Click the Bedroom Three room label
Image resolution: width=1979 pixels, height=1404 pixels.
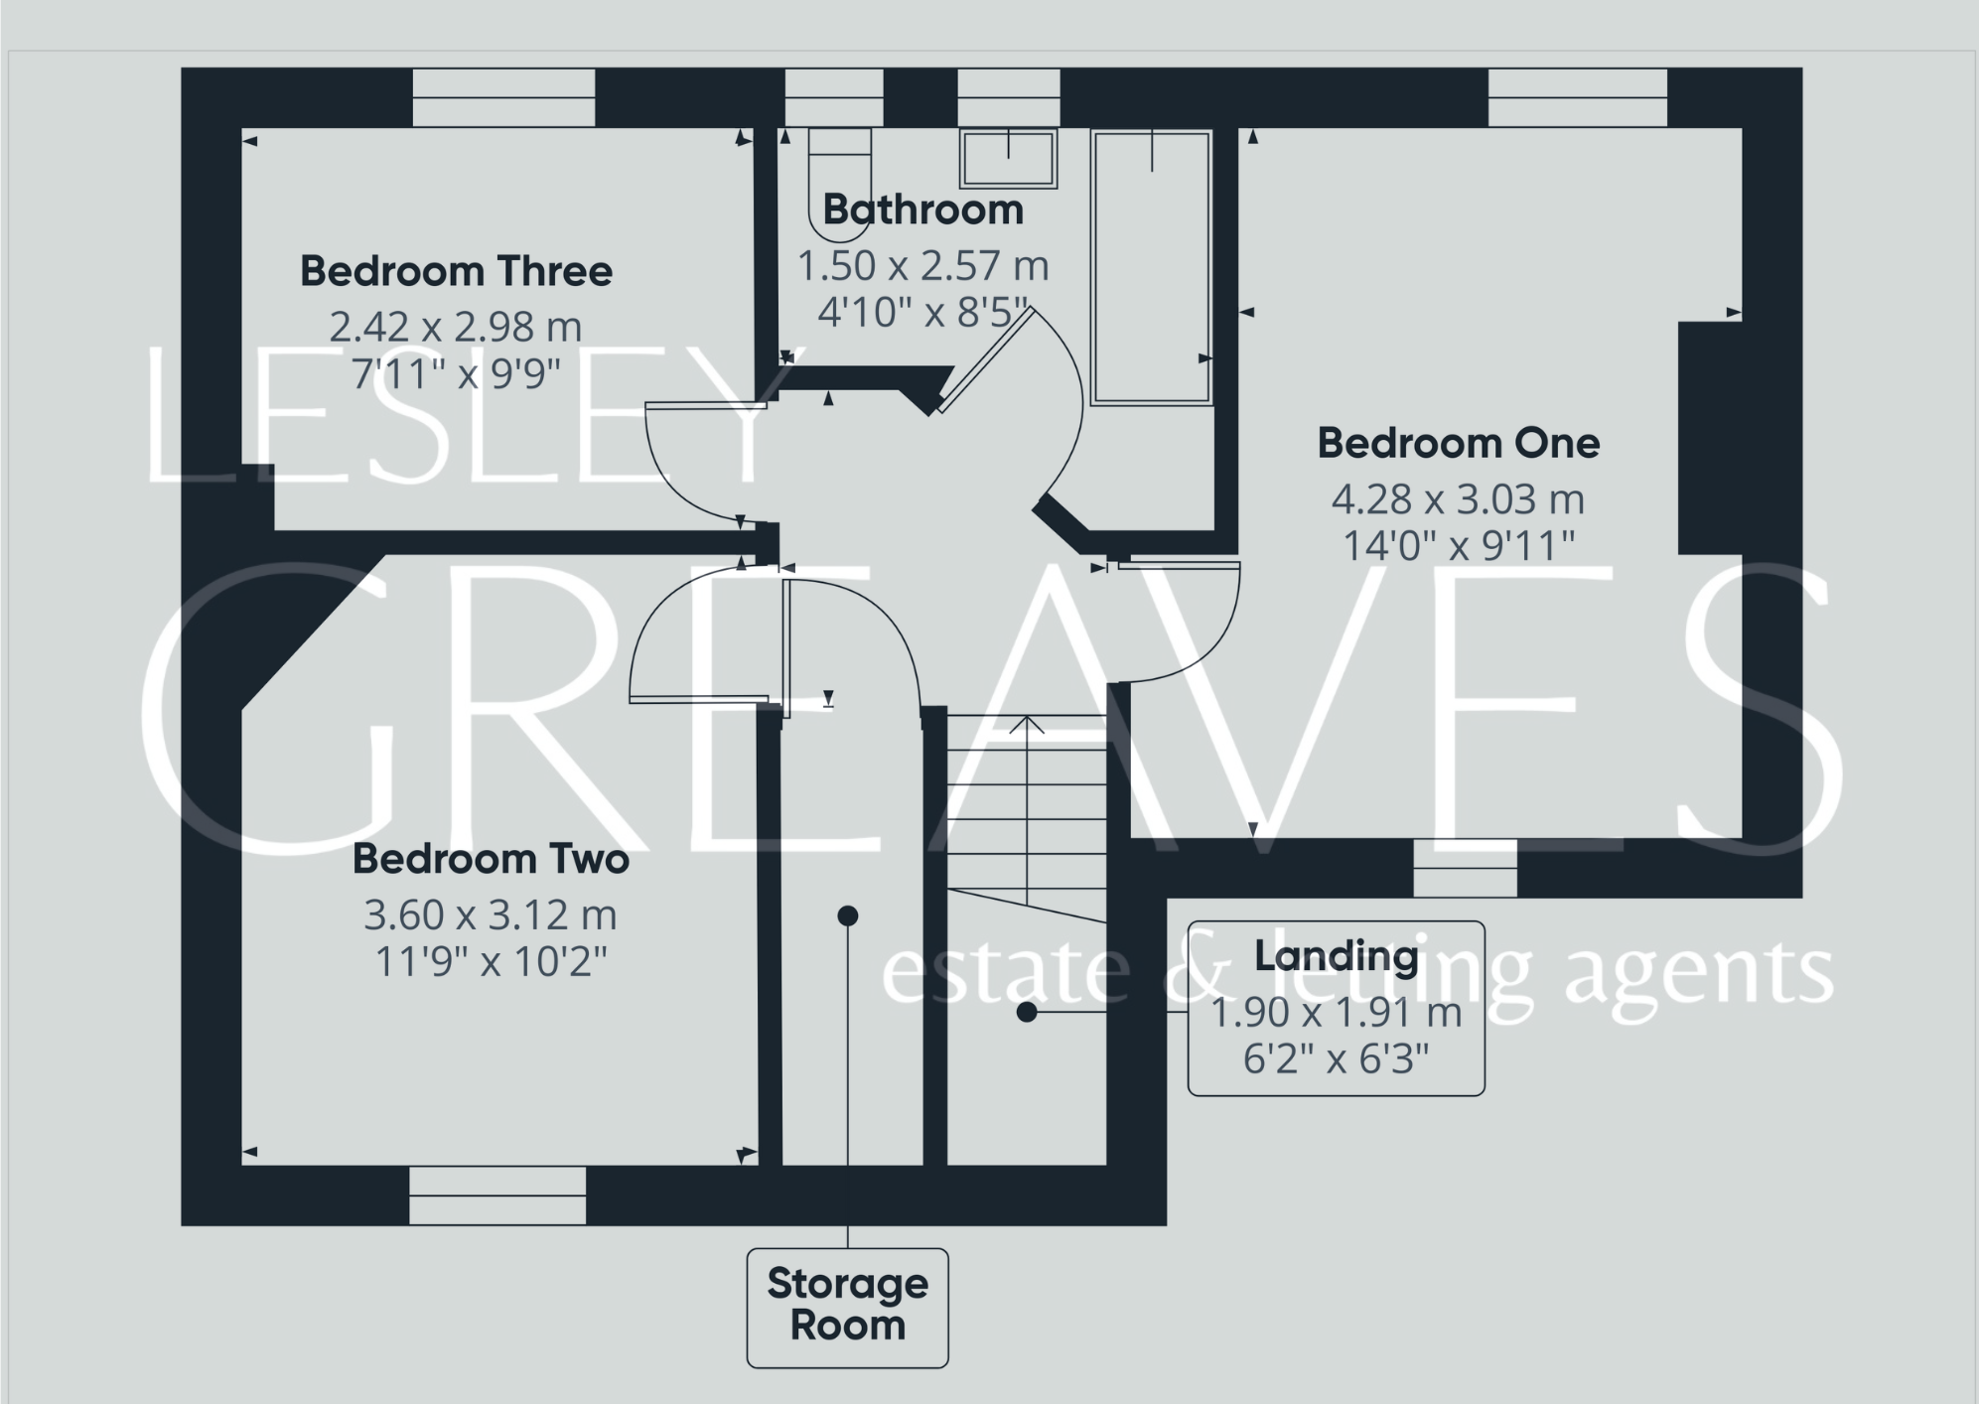click(456, 271)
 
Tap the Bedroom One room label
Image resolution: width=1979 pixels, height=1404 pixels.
click(1458, 443)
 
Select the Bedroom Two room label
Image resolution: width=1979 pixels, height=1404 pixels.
click(491, 859)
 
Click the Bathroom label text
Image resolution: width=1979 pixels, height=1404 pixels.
click(922, 210)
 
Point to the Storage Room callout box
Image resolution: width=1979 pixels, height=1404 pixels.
click(847, 1307)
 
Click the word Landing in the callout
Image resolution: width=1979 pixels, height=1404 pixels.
click(1336, 955)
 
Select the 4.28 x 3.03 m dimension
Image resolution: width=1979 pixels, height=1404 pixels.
click(1458, 498)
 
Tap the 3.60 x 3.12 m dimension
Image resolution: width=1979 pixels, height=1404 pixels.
click(491, 914)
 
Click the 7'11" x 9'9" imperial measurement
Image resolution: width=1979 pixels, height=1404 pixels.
click(456, 374)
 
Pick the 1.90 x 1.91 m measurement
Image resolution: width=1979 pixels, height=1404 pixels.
click(1336, 1012)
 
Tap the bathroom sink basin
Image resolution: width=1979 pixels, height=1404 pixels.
click(1008, 159)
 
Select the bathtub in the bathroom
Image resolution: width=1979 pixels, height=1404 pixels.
click(1151, 268)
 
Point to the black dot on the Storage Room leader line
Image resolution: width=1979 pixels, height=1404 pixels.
click(847, 915)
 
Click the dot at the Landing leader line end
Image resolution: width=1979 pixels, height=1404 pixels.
click(1027, 1012)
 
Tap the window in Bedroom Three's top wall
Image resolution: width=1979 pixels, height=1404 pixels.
click(503, 97)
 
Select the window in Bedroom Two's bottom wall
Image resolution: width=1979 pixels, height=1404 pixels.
click(497, 1194)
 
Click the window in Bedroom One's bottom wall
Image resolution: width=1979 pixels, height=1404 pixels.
click(1465, 868)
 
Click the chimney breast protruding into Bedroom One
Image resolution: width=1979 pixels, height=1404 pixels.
click(1710, 437)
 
